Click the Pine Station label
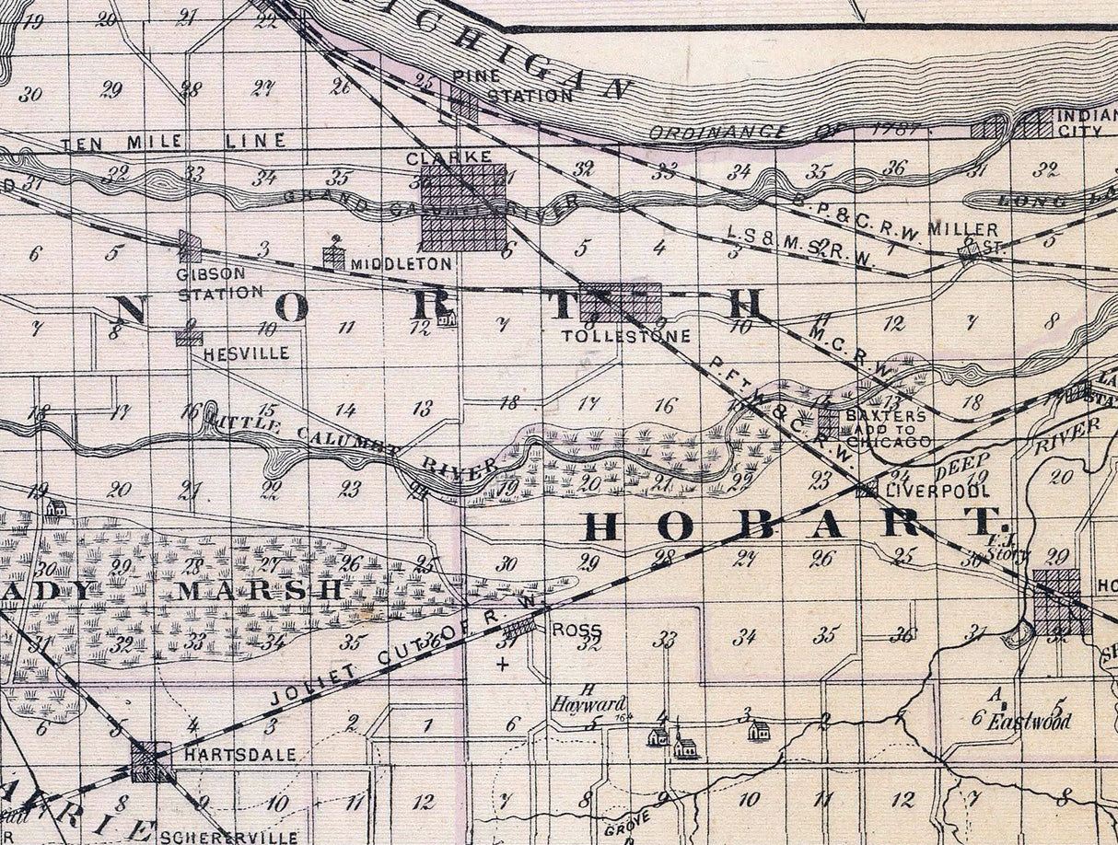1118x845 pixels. click(514, 87)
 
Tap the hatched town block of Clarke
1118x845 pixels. click(463, 207)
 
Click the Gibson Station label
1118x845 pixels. click(219, 284)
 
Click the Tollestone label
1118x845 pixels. click(625, 336)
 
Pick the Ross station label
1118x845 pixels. click(576, 631)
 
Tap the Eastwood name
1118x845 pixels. click(1030, 722)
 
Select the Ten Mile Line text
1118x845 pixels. click(174, 142)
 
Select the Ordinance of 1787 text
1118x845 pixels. click(783, 131)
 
